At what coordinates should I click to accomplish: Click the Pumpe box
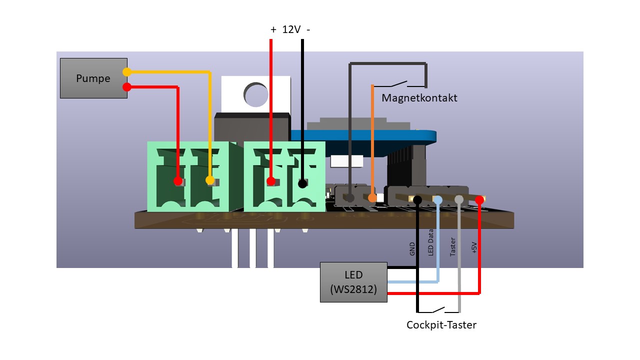pyautogui.click(x=93, y=78)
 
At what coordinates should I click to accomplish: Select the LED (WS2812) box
pyautogui.click(x=353, y=282)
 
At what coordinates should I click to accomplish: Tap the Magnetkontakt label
pyautogui.click(x=419, y=98)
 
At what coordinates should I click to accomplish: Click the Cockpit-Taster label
pyautogui.click(x=441, y=325)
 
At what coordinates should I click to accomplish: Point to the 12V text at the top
pyautogui.click(x=291, y=29)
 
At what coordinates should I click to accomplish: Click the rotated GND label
pyautogui.click(x=412, y=248)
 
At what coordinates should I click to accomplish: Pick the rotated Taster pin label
pyautogui.click(x=453, y=247)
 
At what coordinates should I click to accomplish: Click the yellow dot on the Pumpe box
pyautogui.click(x=127, y=72)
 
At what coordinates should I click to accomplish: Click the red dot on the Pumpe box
pyautogui.click(x=127, y=87)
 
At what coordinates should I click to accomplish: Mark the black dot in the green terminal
pyautogui.click(x=302, y=183)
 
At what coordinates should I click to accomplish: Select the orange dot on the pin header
pyautogui.click(x=372, y=198)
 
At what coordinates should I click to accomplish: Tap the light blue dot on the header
pyautogui.click(x=438, y=200)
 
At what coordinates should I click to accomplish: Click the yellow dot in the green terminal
pyautogui.click(x=210, y=180)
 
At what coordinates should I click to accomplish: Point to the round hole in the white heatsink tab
pyautogui.click(x=256, y=94)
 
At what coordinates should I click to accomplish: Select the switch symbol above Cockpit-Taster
pyautogui.click(x=438, y=309)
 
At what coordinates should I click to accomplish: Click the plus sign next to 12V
pyautogui.click(x=273, y=29)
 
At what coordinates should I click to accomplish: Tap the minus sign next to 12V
pyautogui.click(x=308, y=29)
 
